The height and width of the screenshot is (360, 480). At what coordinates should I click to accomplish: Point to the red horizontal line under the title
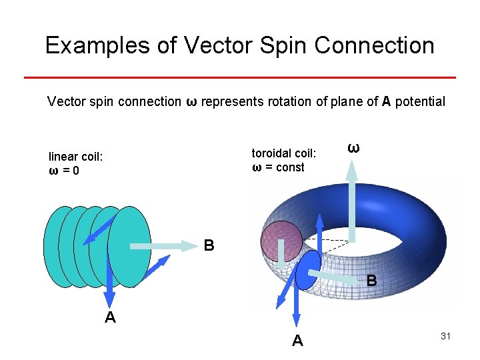tap(240, 77)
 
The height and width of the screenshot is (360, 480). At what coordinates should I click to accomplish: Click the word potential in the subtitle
tap(420, 101)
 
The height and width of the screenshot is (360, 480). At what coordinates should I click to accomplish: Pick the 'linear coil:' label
tap(75, 157)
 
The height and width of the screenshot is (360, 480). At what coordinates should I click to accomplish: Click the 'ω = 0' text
tap(64, 171)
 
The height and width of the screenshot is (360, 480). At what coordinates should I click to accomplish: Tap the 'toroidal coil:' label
tap(284, 153)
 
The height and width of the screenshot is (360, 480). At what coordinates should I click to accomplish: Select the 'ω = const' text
tap(278, 167)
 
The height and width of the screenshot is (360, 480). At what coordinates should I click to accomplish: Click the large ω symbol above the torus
tap(354, 148)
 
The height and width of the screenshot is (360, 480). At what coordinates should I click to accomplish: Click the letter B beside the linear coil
tap(209, 246)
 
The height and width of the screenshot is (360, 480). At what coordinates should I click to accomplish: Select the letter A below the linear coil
tap(111, 318)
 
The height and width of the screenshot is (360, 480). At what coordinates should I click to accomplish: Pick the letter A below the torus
tap(297, 341)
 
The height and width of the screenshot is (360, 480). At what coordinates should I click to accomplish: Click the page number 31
tap(446, 336)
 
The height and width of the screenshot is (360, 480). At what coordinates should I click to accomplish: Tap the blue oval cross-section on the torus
tap(307, 270)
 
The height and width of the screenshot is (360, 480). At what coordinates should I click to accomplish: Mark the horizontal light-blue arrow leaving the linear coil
tap(163, 246)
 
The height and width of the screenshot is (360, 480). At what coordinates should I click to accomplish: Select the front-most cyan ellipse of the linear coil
tap(130, 247)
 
